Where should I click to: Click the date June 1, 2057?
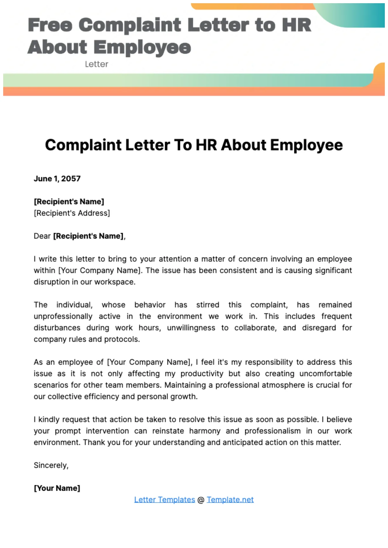click(57, 179)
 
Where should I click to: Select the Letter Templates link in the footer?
click(164, 500)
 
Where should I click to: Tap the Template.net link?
click(230, 500)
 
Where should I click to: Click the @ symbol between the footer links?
click(201, 500)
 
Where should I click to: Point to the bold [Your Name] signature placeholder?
click(57, 488)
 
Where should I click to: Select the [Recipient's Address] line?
click(72, 213)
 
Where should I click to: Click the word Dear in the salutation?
click(42, 236)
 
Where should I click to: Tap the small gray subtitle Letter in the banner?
click(96, 64)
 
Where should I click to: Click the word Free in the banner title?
click(50, 25)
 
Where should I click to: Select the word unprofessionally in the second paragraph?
click(63, 317)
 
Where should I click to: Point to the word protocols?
click(122, 339)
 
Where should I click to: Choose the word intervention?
click(107, 431)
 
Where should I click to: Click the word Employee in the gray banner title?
click(142, 47)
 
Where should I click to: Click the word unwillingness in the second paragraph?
click(191, 328)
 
